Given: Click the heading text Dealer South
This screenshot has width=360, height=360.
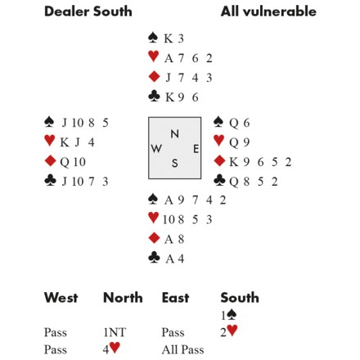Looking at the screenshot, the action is [x=88, y=11].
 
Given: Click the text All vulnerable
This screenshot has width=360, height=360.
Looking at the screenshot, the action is [x=268, y=11].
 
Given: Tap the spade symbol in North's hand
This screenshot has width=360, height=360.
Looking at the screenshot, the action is [x=153, y=38].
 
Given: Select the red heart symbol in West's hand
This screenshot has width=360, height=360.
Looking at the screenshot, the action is [x=50, y=141].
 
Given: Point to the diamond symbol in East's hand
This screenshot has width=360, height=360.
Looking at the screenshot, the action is [x=219, y=161].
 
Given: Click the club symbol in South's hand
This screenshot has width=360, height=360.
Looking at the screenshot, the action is [x=154, y=257].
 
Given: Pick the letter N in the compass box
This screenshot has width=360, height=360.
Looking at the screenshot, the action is [x=175, y=134].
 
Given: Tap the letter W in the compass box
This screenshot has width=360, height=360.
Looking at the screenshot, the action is [x=156, y=149].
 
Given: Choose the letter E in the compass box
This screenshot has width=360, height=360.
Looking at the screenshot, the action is [x=196, y=149].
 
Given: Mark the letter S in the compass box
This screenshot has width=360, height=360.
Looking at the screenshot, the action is [x=175, y=164].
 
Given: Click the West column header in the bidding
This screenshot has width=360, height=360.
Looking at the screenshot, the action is [x=61, y=297].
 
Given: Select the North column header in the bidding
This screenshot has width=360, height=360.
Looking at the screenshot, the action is [x=123, y=297].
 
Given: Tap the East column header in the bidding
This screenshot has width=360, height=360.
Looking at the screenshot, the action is [x=175, y=297].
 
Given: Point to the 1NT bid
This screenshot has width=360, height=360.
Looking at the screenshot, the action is [x=115, y=332].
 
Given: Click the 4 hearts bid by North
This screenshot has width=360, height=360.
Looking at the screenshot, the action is [x=111, y=349].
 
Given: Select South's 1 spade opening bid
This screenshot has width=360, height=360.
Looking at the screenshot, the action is [x=228, y=315].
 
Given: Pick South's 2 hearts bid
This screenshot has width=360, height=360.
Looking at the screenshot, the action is [x=229, y=331].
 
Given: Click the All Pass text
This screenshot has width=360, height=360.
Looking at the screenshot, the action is [x=182, y=349].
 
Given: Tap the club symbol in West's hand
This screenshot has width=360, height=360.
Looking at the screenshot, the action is [x=50, y=181].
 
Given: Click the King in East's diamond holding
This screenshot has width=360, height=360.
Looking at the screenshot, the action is [x=233, y=162].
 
